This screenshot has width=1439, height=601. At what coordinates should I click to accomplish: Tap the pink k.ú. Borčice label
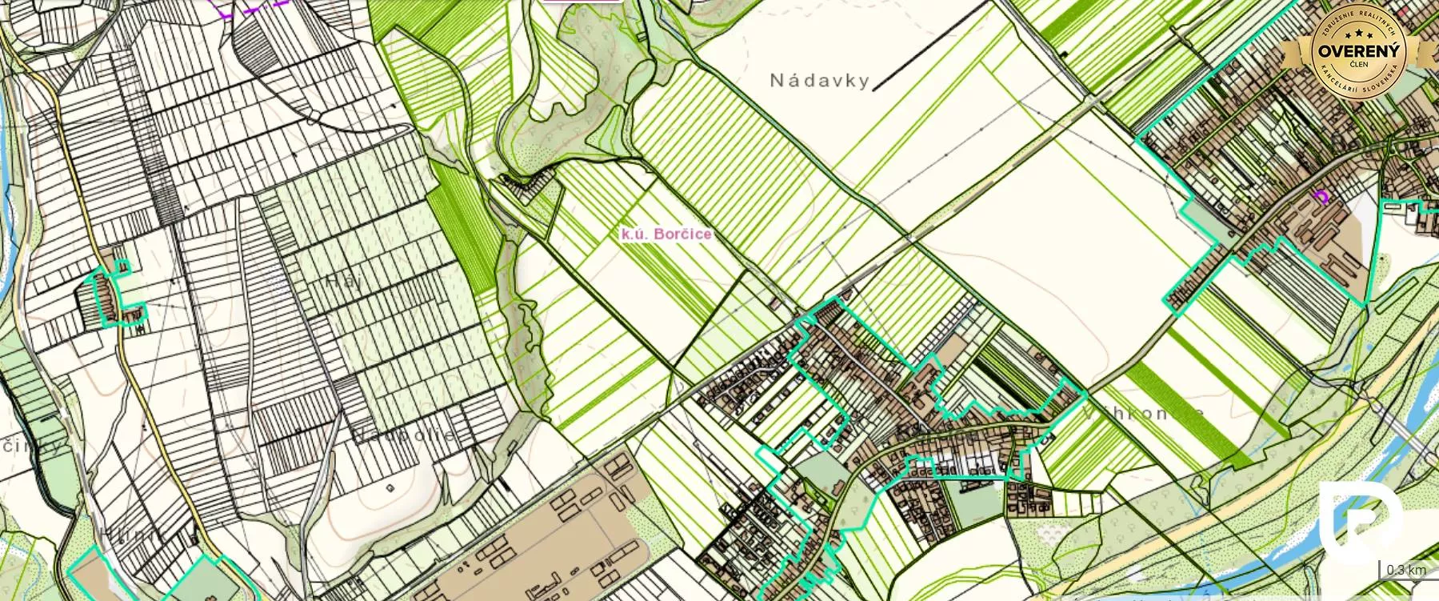pyautogui.click(x=666, y=234)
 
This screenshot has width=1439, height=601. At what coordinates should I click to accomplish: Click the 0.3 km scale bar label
pyautogui.click(x=1406, y=570)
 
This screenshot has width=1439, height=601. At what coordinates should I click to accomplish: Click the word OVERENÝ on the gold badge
pyautogui.click(x=1359, y=50)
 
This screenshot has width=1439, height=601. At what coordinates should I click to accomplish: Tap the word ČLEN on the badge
pyautogui.click(x=1358, y=64)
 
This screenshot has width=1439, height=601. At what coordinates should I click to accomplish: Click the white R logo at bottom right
pyautogui.click(x=1360, y=520)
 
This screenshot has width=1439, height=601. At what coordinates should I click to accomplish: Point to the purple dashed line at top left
pyautogui.click(x=252, y=6)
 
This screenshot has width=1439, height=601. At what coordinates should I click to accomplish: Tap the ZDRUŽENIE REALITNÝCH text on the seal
pyautogui.click(x=1359, y=20)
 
